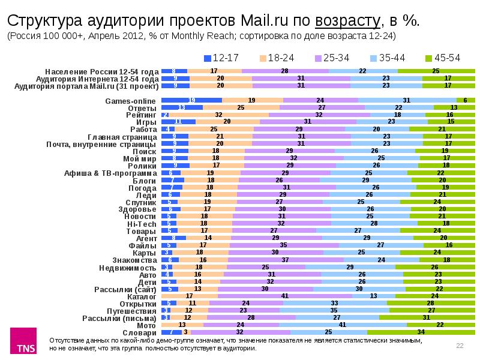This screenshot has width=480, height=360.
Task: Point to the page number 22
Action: click(x=460, y=345)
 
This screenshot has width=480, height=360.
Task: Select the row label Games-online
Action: click(x=132, y=101)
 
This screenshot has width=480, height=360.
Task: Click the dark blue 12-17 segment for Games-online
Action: click(x=191, y=100)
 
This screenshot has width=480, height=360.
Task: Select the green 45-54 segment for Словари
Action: click(x=421, y=332)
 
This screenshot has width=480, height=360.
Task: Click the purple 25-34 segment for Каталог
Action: click(x=285, y=296)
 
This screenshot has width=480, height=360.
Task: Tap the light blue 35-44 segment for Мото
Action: click(x=343, y=325)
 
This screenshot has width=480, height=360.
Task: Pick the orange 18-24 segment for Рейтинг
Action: click(x=219, y=115)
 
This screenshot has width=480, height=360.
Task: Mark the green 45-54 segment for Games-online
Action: click(x=466, y=100)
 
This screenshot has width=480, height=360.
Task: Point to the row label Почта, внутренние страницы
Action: click(x=103, y=144)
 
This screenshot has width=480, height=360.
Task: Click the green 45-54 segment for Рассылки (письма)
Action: click(x=427, y=317)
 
